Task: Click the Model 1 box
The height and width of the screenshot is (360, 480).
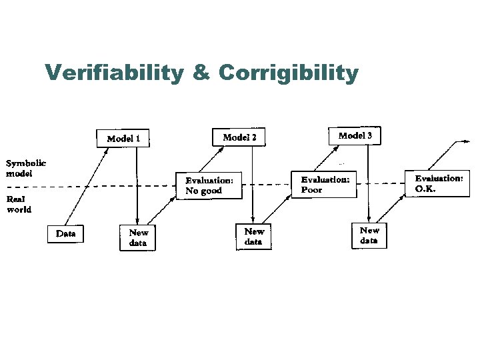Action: [x=123, y=139]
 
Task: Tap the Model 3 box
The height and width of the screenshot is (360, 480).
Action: [x=355, y=135]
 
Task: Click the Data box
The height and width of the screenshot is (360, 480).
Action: [x=65, y=233]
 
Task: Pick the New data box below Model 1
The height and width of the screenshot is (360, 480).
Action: [x=138, y=237]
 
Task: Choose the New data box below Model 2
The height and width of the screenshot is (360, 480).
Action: [x=254, y=236]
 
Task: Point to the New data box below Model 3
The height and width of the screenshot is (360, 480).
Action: [x=369, y=235]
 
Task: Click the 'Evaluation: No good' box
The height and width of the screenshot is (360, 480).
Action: [x=209, y=185]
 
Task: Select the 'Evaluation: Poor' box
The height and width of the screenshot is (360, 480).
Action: [x=324, y=184]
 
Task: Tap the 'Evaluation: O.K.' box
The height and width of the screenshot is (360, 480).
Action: [x=438, y=183]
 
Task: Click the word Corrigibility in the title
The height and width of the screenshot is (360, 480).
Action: [x=287, y=73]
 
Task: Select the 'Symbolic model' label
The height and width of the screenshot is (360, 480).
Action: [x=25, y=167]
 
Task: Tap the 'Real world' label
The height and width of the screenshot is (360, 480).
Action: [x=19, y=203]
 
